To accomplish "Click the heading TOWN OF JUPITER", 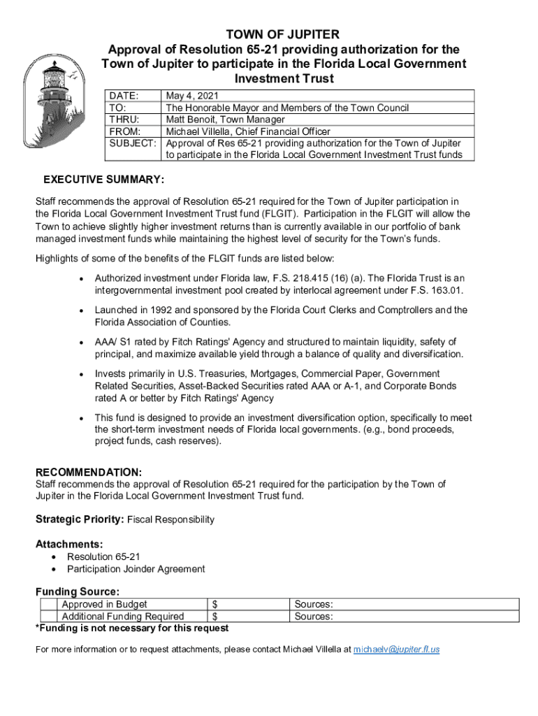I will [x=283, y=34].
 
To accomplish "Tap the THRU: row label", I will [x=124, y=120].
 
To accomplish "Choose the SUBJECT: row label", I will [x=133, y=143].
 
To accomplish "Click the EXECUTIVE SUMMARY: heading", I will [x=103, y=180].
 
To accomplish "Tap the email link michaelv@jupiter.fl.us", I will [x=396, y=650].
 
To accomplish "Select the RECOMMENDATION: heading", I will [x=89, y=473].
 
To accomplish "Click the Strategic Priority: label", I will [x=80, y=520].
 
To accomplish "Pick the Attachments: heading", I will [x=69, y=544].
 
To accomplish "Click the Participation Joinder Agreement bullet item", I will [x=136, y=569].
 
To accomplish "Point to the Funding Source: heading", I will [x=77, y=592].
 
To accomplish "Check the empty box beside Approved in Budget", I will [x=48, y=605].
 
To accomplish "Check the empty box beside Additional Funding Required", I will [x=48, y=617].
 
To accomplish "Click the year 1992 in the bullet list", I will [x=159, y=310].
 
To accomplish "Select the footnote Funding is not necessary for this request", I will [x=132, y=629].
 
